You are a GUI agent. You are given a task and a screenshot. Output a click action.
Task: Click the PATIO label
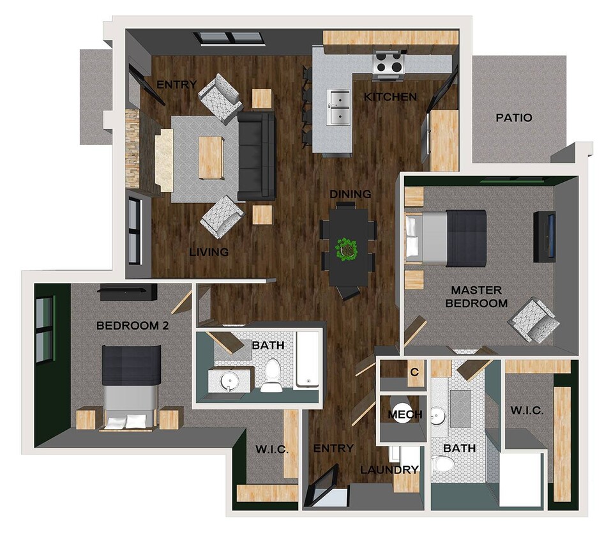pyautogui.click(x=514, y=118)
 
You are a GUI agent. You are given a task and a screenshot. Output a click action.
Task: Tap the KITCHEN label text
pyautogui.click(x=390, y=98)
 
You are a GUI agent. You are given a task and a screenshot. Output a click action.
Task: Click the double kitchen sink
pyautogui.click(x=339, y=107)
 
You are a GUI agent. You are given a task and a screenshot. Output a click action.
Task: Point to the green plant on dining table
pyautogui.click(x=347, y=248)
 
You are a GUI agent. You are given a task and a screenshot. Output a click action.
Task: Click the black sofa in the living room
pyautogui.click(x=256, y=156)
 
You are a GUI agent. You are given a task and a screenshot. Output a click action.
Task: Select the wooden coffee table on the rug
pyautogui.click(x=211, y=156)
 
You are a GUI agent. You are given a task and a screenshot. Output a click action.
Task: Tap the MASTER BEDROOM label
pyautogui.click(x=476, y=297)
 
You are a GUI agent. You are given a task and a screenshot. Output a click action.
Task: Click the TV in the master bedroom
pyautogui.click(x=545, y=236)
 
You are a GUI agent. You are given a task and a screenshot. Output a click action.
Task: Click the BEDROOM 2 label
pyautogui.click(x=132, y=326)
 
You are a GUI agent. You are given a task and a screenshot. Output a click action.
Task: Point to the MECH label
pyautogui.click(x=405, y=414)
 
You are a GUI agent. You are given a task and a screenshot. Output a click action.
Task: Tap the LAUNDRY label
pyautogui.click(x=389, y=470)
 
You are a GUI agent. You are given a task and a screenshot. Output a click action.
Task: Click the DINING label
pyautogui.click(x=351, y=194)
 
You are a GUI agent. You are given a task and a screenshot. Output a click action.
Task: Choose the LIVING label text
pyautogui.click(x=209, y=252)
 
